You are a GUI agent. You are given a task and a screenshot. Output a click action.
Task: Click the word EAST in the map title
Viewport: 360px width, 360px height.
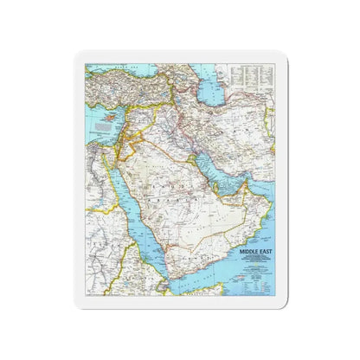(x=261, y=230)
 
